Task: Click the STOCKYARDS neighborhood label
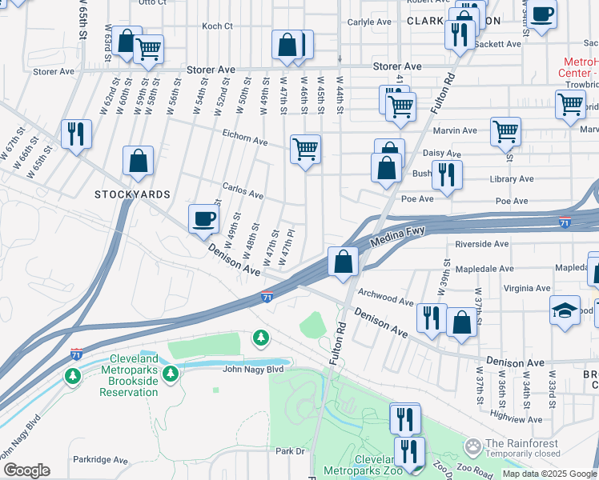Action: click(x=132, y=194)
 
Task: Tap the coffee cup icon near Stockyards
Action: click(x=204, y=218)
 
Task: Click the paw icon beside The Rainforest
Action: click(x=473, y=445)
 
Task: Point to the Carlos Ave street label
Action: click(x=243, y=194)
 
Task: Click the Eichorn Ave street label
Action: click(x=245, y=141)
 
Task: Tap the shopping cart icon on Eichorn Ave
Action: click(x=305, y=148)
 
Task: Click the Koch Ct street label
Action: click(x=217, y=26)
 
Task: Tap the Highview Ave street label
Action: click(x=517, y=417)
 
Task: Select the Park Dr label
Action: click(x=291, y=451)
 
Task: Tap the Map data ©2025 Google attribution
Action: click(x=549, y=474)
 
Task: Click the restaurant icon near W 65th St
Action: click(x=76, y=133)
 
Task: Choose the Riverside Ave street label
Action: click(x=481, y=243)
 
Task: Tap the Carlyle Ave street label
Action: click(x=371, y=22)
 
